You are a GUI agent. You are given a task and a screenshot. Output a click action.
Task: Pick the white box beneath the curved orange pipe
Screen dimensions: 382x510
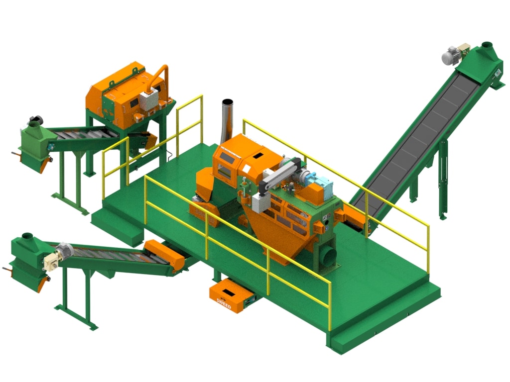point(149,101)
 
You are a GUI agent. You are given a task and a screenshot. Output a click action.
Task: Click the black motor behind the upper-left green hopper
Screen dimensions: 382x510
point(36,120)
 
